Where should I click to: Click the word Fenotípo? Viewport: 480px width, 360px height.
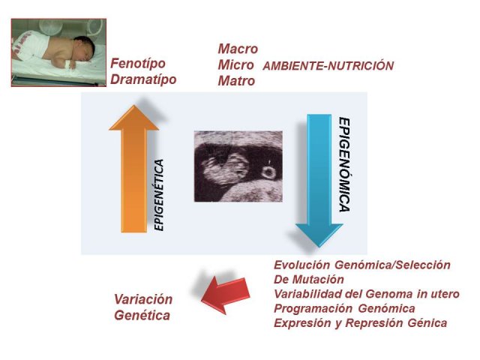pyautogui.click(x=138, y=64)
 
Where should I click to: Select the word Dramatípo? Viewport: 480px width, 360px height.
pyautogui.click(x=143, y=79)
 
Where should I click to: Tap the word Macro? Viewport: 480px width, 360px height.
pyautogui.click(x=238, y=49)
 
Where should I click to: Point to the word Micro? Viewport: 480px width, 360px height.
pyautogui.click(x=235, y=65)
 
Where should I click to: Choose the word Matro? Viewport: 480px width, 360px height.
pyautogui.click(x=236, y=81)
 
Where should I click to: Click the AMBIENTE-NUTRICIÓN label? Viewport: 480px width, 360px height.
pyautogui.click(x=328, y=66)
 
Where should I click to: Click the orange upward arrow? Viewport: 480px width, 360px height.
pyautogui.click(x=133, y=169)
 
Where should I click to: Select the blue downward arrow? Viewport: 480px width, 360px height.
pyautogui.click(x=319, y=181)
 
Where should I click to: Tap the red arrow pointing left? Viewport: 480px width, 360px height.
pyautogui.click(x=226, y=295)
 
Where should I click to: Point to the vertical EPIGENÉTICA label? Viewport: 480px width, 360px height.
pyautogui.click(x=159, y=195)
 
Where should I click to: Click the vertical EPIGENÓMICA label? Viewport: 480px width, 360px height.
pyautogui.click(x=344, y=165)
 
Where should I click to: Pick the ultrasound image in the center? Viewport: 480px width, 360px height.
pyautogui.click(x=238, y=166)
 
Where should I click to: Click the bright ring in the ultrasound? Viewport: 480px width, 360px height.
pyautogui.click(x=268, y=173)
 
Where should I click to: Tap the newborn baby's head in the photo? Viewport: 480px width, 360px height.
pyautogui.click(x=84, y=48)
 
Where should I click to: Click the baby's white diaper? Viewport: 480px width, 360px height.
pyautogui.click(x=31, y=46)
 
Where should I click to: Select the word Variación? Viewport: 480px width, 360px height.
pyautogui.click(x=143, y=299)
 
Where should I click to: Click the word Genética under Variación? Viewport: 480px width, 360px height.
pyautogui.click(x=142, y=315)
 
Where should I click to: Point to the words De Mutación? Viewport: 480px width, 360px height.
pyautogui.click(x=308, y=279)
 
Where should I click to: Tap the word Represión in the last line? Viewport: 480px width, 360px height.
pyautogui.click(x=374, y=323)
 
